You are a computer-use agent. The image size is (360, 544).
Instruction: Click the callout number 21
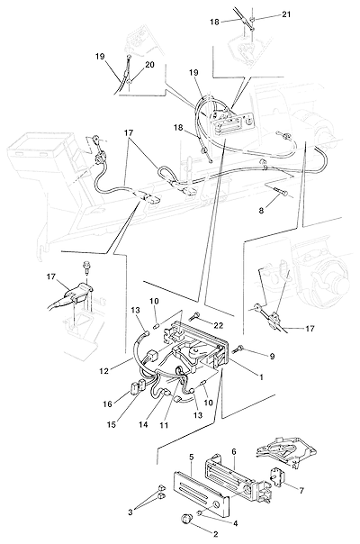286,14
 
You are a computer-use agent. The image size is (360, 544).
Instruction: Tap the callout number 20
149,65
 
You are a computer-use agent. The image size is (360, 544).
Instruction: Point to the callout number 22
219,325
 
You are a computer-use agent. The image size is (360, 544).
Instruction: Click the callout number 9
273,357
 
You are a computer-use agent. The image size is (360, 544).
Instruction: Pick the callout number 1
261,376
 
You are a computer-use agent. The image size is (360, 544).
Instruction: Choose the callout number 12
103,371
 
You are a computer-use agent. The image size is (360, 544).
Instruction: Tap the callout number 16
107,404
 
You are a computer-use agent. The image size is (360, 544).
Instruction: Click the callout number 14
143,424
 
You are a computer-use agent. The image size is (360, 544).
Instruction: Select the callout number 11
164,424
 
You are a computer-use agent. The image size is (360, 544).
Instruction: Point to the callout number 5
191,457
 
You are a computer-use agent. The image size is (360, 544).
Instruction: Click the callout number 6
234,452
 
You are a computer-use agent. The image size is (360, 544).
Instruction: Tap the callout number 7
301,491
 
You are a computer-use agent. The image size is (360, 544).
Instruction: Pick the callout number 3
130,512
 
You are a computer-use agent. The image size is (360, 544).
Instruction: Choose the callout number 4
235,523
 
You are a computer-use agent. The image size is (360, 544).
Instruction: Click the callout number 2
215,535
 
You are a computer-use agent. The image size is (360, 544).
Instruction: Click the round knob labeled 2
187,519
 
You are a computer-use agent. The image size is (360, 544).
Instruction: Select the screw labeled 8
280,191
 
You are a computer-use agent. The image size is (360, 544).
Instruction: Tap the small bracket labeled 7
277,477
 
